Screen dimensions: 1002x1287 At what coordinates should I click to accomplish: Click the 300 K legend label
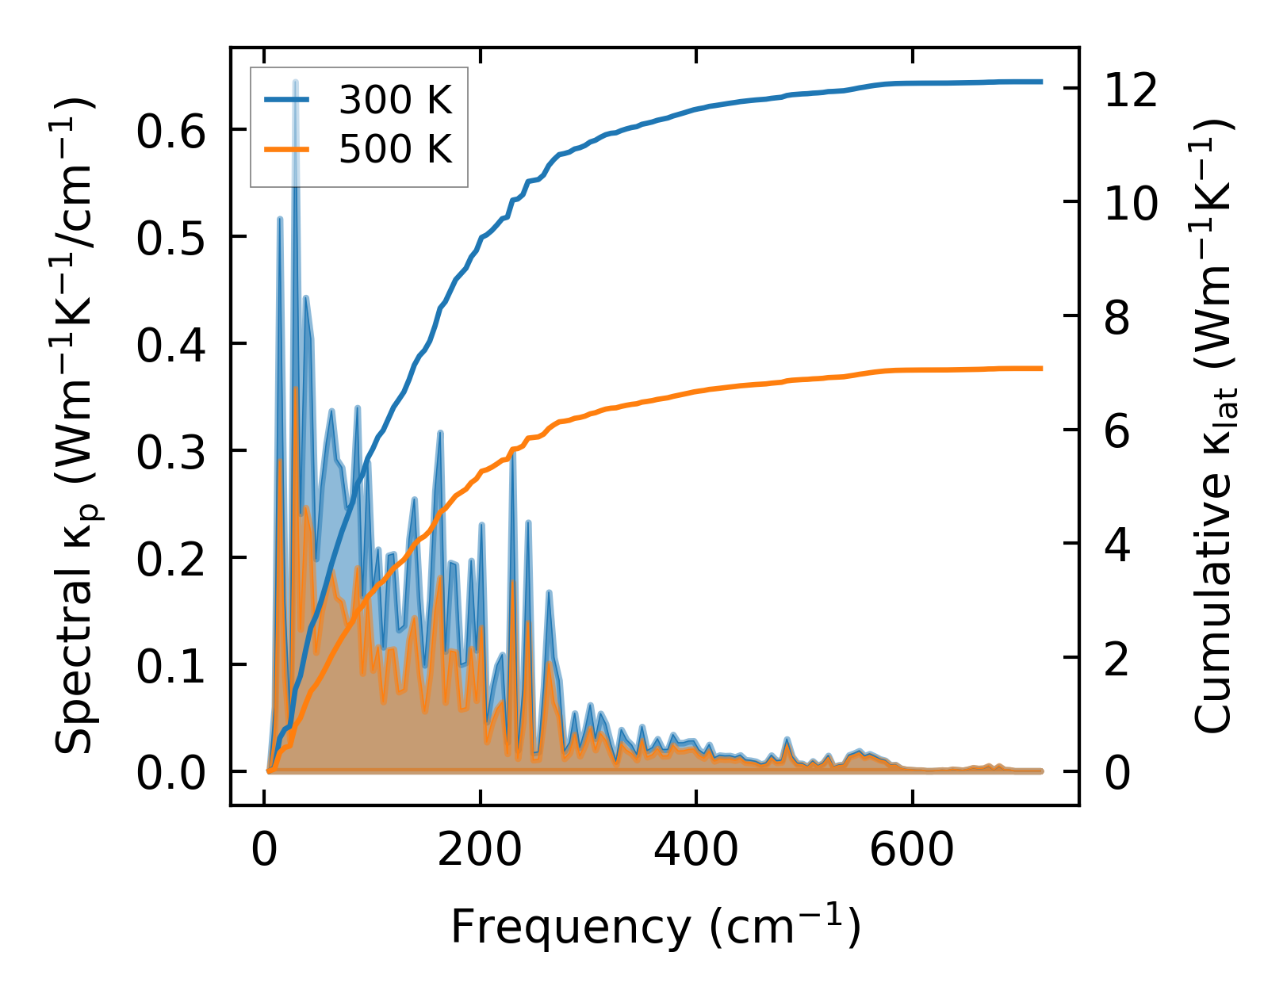click(395, 101)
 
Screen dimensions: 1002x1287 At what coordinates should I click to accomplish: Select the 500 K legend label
click(395, 149)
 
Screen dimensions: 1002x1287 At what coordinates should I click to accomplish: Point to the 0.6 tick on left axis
click(170, 131)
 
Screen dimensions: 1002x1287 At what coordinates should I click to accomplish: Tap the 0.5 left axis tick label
click(170, 238)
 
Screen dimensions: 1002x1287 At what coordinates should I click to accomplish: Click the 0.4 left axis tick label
click(170, 345)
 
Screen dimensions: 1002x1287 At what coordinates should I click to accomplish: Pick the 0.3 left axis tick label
click(170, 452)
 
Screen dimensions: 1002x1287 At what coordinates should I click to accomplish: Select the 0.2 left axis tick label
click(170, 559)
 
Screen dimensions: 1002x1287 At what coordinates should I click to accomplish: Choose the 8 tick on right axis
click(1117, 318)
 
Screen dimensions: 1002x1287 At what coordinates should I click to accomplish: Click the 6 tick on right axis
click(1117, 432)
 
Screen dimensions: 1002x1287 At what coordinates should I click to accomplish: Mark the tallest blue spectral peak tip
click(295, 82)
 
